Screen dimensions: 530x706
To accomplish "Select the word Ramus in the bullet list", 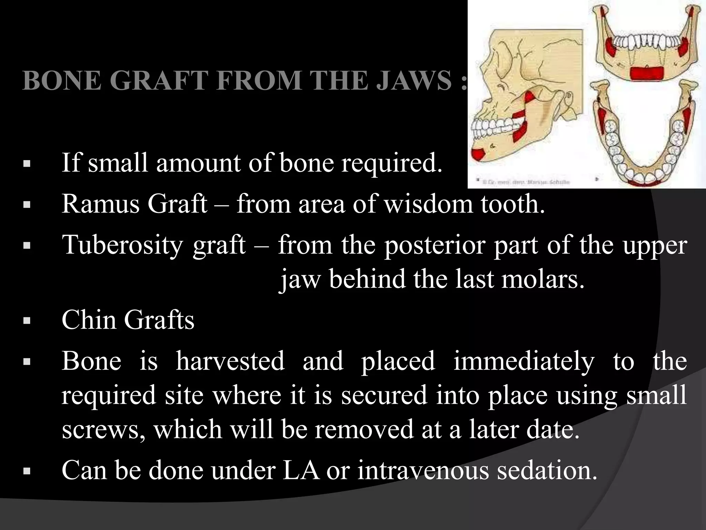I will (100, 204).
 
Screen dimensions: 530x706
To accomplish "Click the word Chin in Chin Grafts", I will (89, 320).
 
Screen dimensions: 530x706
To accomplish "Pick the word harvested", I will (230, 361).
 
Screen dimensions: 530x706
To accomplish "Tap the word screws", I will (103, 430).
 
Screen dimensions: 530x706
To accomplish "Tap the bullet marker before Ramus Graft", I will (27, 205).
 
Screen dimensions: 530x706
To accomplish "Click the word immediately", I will (524, 361).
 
